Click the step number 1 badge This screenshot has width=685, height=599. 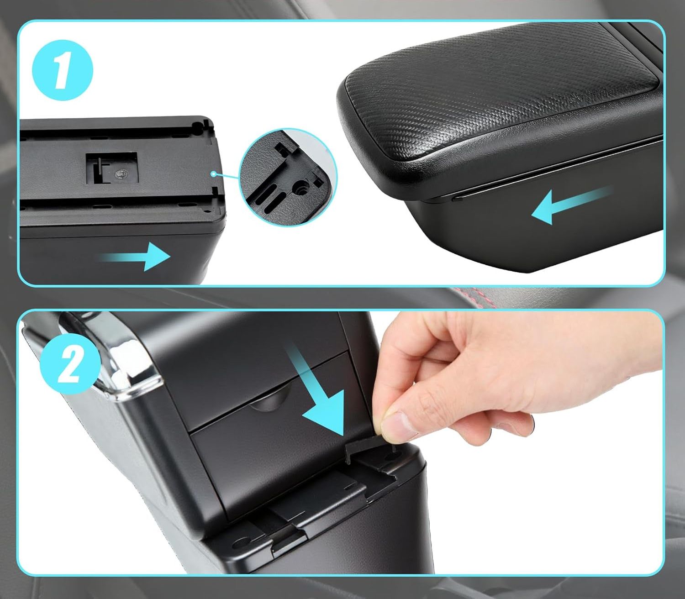coord(62,70)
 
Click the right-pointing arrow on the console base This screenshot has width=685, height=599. coord(136,257)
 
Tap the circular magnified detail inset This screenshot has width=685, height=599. coord(288,177)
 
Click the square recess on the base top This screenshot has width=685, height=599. coord(112,168)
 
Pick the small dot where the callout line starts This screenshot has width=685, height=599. coord(213,173)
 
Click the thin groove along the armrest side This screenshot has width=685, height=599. coord(556,170)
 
